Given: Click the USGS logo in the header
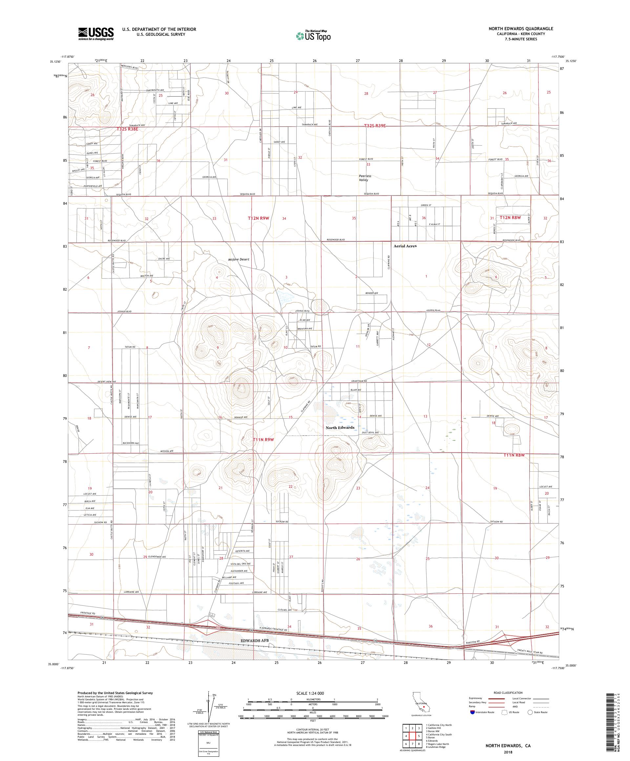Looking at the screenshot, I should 96,34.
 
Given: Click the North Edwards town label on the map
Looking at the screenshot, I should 340,428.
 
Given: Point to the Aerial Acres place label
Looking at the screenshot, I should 405,246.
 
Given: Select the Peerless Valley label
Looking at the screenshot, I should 365,178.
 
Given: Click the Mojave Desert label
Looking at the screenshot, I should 239,259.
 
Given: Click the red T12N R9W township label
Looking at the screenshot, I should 259,218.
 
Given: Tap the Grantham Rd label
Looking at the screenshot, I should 359,381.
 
